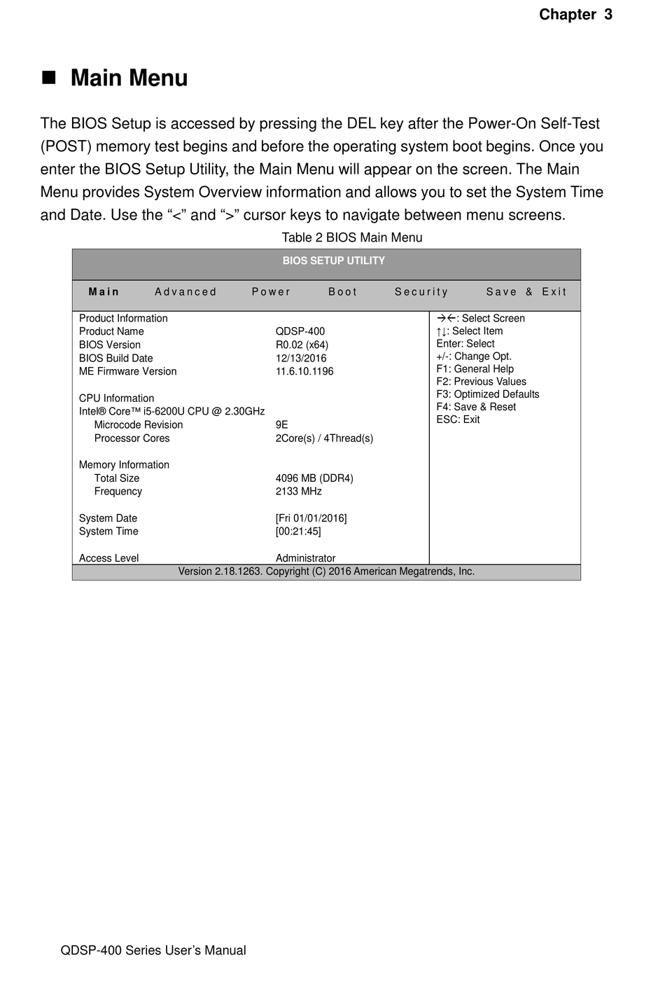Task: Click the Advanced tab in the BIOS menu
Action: (185, 292)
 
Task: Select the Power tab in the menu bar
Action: (271, 292)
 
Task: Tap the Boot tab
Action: (343, 292)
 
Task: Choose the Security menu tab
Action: (421, 292)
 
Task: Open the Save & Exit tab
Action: (526, 292)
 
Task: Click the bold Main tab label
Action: (104, 292)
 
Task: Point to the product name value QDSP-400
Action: (300, 331)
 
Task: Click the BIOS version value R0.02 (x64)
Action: (302, 345)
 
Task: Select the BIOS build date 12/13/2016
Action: (301, 358)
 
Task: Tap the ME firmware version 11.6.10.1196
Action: (304, 371)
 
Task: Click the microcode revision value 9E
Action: (281, 424)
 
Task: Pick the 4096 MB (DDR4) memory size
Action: (314, 478)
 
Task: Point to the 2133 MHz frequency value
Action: (298, 492)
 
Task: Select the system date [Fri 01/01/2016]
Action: (311, 518)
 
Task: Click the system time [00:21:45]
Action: (298, 532)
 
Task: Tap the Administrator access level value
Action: (305, 558)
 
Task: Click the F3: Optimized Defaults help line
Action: (488, 394)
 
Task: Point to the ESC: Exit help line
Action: (458, 419)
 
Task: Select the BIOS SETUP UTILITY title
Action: (333, 261)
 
